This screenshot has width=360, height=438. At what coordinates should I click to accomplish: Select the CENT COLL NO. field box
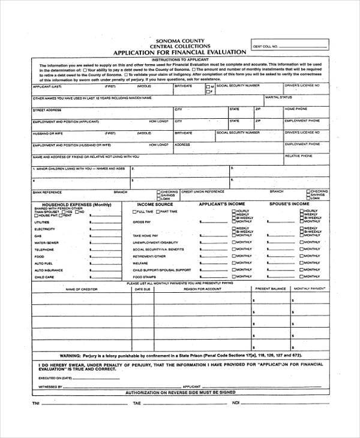(291, 46)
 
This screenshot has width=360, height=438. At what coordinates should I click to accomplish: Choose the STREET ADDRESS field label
(47, 109)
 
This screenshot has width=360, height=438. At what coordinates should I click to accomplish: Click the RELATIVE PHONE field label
(298, 155)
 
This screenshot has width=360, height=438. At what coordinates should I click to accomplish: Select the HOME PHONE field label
(296, 109)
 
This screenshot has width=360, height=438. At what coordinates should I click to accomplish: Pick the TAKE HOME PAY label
(145, 236)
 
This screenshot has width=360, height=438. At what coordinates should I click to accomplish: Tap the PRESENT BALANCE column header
(270, 289)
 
